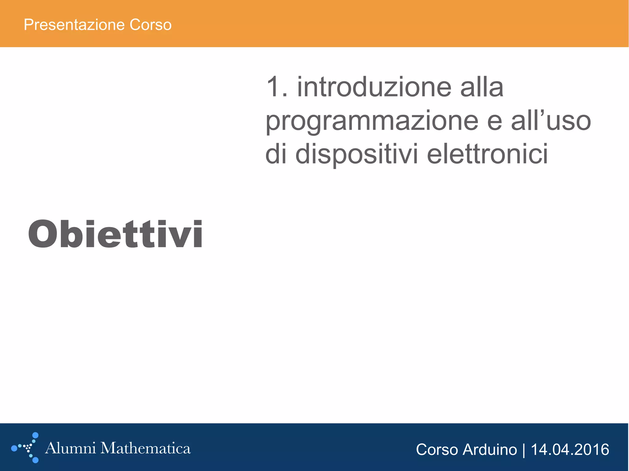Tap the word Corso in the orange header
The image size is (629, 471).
click(x=150, y=25)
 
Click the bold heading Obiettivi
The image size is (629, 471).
click(x=115, y=234)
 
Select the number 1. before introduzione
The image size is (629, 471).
click(x=277, y=87)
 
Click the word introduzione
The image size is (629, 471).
click(x=374, y=87)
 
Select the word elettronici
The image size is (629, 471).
click(x=487, y=154)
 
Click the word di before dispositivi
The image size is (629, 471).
click(x=276, y=154)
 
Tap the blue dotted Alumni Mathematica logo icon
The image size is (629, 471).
click(x=26, y=448)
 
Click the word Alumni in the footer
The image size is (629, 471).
click(x=70, y=448)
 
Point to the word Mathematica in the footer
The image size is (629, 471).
click(x=146, y=448)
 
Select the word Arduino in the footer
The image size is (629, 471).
click(x=490, y=450)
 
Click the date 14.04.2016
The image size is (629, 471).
click(x=570, y=450)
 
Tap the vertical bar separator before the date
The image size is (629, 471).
click(x=524, y=450)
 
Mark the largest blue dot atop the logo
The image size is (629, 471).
click(x=35, y=435)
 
